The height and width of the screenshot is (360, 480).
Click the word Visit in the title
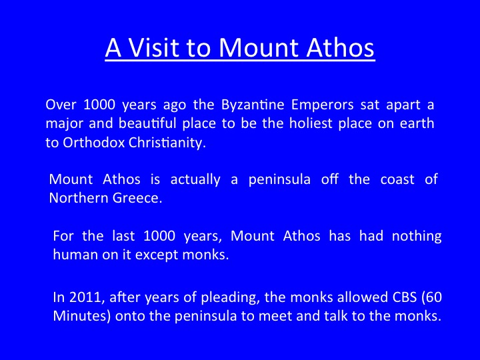(154, 48)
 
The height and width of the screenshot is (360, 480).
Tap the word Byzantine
(253, 105)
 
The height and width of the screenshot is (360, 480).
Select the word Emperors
(323, 105)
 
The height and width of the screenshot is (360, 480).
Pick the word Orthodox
(94, 143)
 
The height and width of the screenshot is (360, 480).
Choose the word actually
(195, 180)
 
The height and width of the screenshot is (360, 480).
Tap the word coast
(397, 180)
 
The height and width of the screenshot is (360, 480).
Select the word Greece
(137, 198)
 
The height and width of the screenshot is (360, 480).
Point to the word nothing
(417, 237)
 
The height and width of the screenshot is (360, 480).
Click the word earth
(417, 123)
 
